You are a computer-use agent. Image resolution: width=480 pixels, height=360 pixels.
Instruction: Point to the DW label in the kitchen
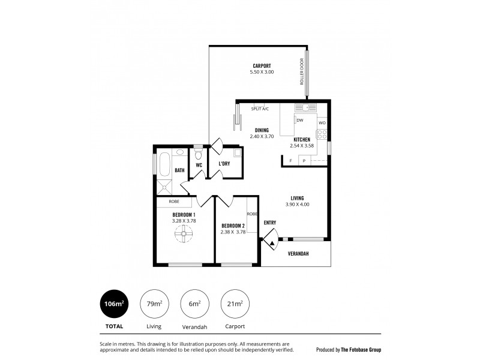pyautogui.click(x=300, y=121)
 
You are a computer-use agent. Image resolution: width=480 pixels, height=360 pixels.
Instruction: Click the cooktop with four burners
pyautogui.click(x=322, y=134)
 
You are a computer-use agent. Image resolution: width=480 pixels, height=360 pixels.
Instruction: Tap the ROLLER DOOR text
pyautogui.click(x=302, y=71)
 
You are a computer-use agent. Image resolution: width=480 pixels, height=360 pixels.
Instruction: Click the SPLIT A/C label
pyautogui.click(x=260, y=109)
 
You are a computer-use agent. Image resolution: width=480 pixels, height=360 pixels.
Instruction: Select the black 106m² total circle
pyautogui.click(x=114, y=304)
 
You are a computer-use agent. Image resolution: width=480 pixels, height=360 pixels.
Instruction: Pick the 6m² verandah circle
pyautogui.click(x=195, y=304)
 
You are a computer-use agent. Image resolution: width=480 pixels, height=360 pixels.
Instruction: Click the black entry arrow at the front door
pyautogui.click(x=272, y=244)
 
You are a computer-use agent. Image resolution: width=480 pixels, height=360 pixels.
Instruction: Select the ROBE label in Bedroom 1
pyautogui.click(x=174, y=202)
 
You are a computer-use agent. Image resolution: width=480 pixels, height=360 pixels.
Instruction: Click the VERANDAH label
pyautogui.click(x=298, y=254)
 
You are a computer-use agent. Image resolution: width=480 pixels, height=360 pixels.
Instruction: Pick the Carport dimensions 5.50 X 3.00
pyautogui.click(x=262, y=72)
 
